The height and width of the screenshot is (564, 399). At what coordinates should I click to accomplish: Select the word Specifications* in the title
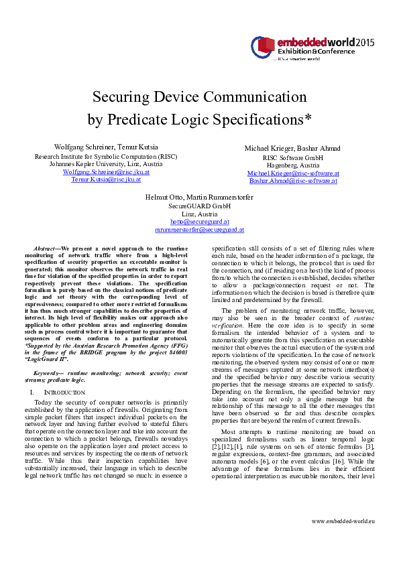(x=264, y=121)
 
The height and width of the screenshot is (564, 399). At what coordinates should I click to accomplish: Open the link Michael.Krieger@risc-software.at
(x=292, y=173)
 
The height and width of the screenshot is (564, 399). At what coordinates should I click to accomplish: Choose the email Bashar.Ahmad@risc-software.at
(x=292, y=181)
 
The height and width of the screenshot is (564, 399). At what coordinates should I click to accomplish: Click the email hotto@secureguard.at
(x=199, y=222)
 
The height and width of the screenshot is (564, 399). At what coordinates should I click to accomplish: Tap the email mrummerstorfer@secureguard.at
(x=199, y=230)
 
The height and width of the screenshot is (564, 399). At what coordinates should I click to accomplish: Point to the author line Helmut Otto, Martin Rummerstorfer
(x=199, y=197)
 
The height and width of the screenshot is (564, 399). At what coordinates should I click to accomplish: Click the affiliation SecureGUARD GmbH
(x=199, y=206)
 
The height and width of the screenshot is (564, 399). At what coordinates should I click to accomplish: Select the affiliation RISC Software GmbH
(x=292, y=157)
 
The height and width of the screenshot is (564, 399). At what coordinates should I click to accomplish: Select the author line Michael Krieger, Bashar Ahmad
(x=292, y=148)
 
